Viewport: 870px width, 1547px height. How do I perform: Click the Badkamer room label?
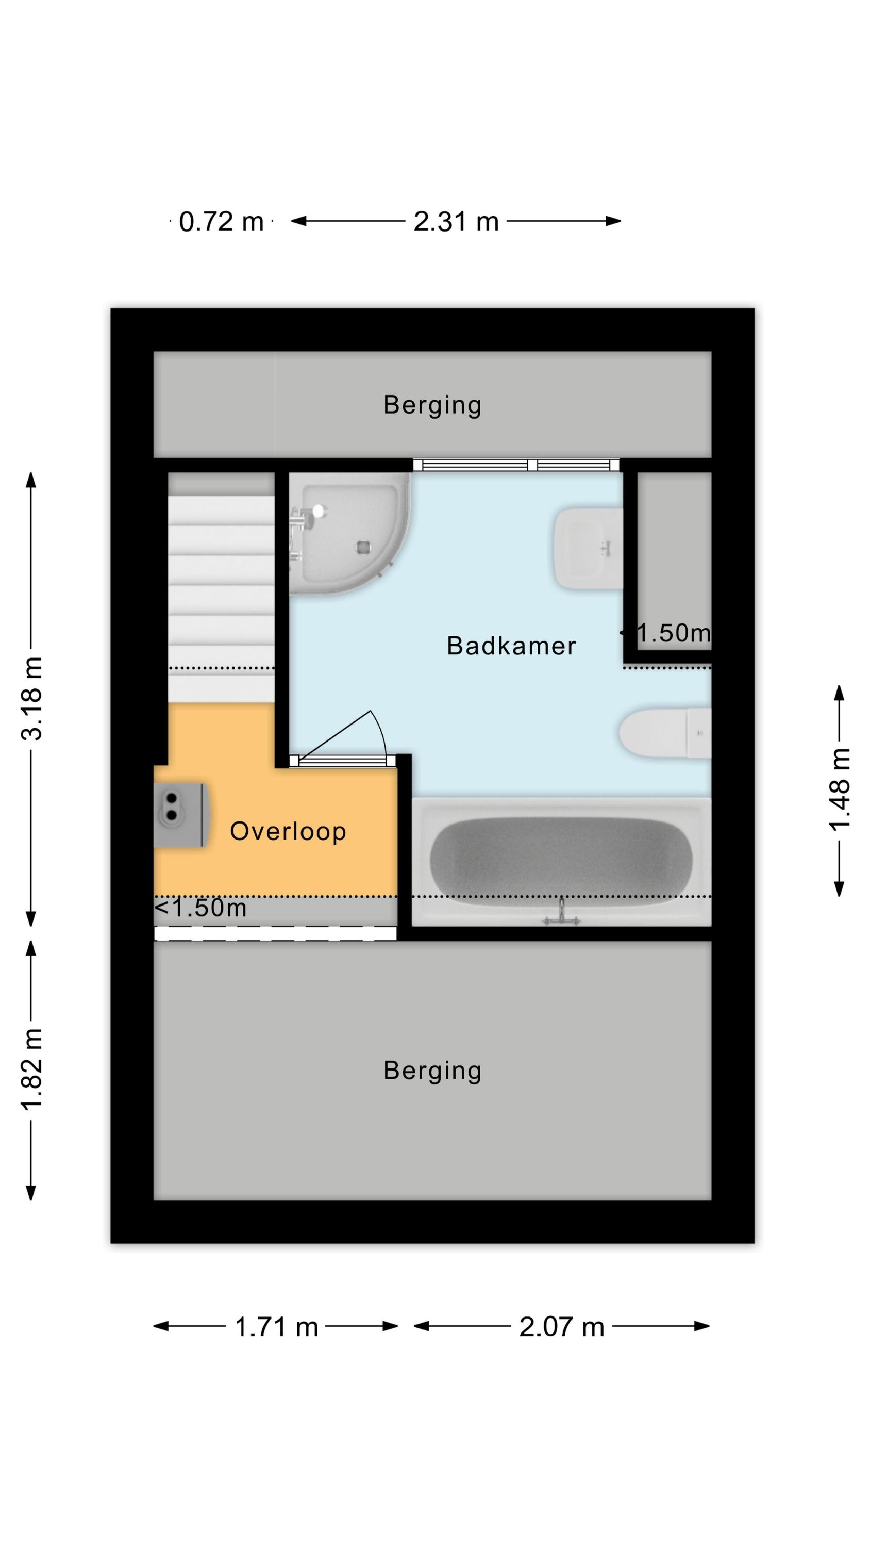pyautogui.click(x=511, y=646)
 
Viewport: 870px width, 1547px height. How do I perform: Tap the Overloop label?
pyautogui.click(x=288, y=831)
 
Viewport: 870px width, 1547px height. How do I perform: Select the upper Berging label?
pyautogui.click(x=432, y=405)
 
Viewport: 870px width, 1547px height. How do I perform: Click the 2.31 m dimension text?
pyautogui.click(x=456, y=222)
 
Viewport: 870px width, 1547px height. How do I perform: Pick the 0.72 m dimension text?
pyautogui.click(x=222, y=222)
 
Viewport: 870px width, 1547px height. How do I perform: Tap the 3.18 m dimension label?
pyautogui.click(x=32, y=698)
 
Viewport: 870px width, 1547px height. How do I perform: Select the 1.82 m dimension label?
pyautogui.click(x=32, y=1070)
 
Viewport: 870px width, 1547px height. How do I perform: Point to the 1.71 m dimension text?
pyautogui.click(x=276, y=1327)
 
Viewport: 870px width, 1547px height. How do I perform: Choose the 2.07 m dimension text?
pyautogui.click(x=561, y=1327)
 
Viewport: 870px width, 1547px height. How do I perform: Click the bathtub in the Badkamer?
pyautogui.click(x=561, y=862)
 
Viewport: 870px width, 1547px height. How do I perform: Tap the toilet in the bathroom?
pyautogui.click(x=665, y=733)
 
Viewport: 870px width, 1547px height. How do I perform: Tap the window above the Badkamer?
pyautogui.click(x=516, y=465)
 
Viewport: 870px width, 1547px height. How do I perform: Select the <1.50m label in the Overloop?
pyautogui.click(x=200, y=908)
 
